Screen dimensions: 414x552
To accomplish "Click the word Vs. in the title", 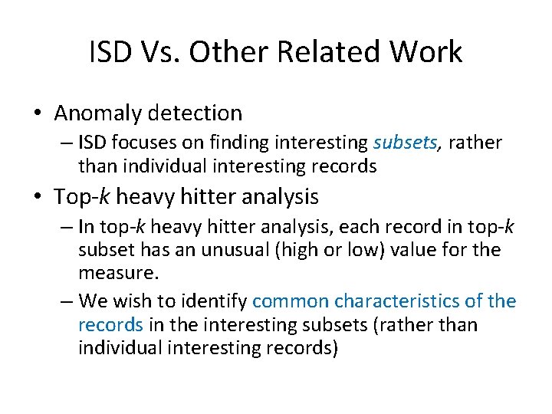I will click(158, 52).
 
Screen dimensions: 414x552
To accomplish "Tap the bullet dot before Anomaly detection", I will click(37, 114).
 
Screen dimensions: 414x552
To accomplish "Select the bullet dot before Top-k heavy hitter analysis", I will click(37, 197).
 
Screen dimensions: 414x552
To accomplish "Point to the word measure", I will click(110, 273).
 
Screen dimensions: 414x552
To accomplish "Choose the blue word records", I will click(110, 324).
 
